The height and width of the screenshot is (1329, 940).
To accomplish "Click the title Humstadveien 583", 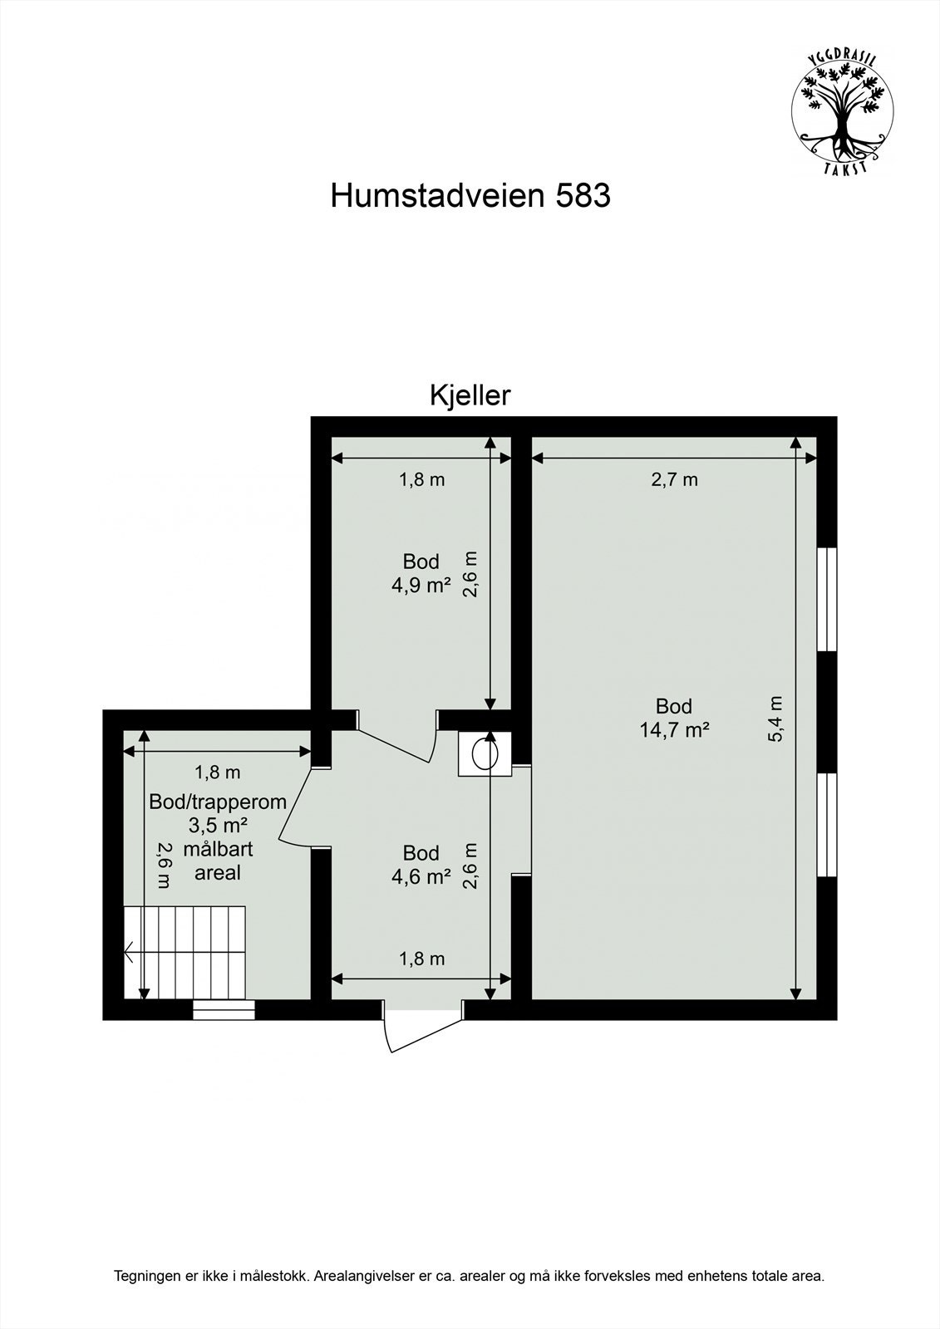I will point(470,196).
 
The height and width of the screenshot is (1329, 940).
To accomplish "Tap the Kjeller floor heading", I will point(470,395).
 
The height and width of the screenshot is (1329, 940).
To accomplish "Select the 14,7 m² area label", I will point(674,730).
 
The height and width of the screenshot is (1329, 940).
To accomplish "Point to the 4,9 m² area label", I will point(421,585).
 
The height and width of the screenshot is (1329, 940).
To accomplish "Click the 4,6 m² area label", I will point(421,875).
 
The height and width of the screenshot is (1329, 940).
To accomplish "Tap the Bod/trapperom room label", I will point(218,802).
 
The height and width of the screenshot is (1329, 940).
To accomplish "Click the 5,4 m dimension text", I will point(776,718).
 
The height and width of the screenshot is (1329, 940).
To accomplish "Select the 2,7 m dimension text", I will point(674,479).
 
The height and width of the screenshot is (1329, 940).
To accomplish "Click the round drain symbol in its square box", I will point(484,753).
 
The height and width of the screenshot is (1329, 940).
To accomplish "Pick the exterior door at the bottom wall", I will point(422,1027).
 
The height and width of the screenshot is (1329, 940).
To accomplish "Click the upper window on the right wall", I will point(827,598).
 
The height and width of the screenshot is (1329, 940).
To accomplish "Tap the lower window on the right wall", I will point(827,824).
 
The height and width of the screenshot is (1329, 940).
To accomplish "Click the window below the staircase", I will point(224,1009).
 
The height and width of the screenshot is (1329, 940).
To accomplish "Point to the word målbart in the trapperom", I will point(218,850).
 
